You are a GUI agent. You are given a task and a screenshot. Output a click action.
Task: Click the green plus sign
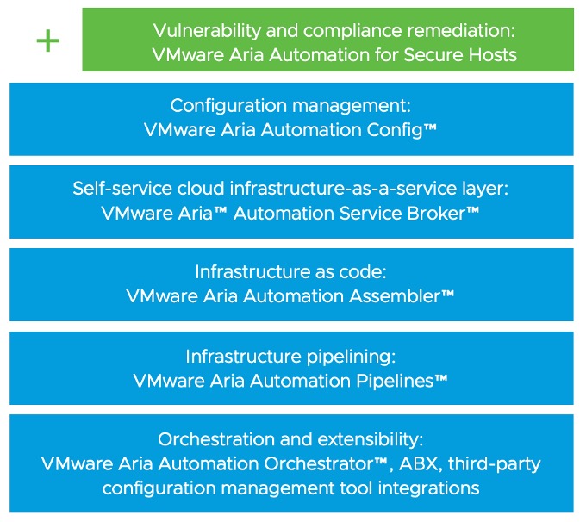(48, 40)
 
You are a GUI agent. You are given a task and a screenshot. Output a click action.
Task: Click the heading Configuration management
(290, 106)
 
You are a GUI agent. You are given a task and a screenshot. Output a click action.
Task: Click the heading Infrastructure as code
(290, 271)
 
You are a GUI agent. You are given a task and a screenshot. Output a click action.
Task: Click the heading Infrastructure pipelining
(290, 355)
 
